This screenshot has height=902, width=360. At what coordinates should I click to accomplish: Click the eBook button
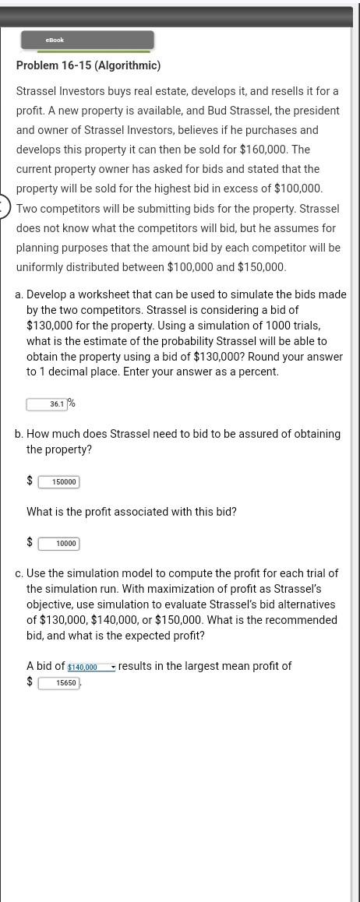click(87, 41)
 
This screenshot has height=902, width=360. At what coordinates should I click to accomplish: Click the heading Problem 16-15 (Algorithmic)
click(88, 65)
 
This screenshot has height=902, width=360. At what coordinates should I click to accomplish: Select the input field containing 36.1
click(46, 404)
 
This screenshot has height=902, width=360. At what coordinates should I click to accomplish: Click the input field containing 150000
click(59, 482)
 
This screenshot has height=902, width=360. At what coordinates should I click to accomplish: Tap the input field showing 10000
click(59, 544)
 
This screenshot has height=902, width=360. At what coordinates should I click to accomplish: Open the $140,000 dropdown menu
click(91, 668)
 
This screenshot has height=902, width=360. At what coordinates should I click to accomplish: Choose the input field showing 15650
click(59, 683)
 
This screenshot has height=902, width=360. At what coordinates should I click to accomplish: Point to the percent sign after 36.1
click(71, 403)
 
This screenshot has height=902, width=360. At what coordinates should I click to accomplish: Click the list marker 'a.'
click(19, 294)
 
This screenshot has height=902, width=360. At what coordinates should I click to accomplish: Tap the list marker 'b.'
click(19, 434)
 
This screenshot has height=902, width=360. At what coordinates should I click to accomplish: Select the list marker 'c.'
click(19, 573)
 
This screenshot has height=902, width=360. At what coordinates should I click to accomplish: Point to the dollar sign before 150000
click(30, 481)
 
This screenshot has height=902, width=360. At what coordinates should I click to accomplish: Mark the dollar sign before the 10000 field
click(30, 542)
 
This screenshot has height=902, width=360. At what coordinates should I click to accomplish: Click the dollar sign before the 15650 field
click(30, 682)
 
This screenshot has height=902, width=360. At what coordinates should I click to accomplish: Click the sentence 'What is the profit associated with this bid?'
click(132, 512)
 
